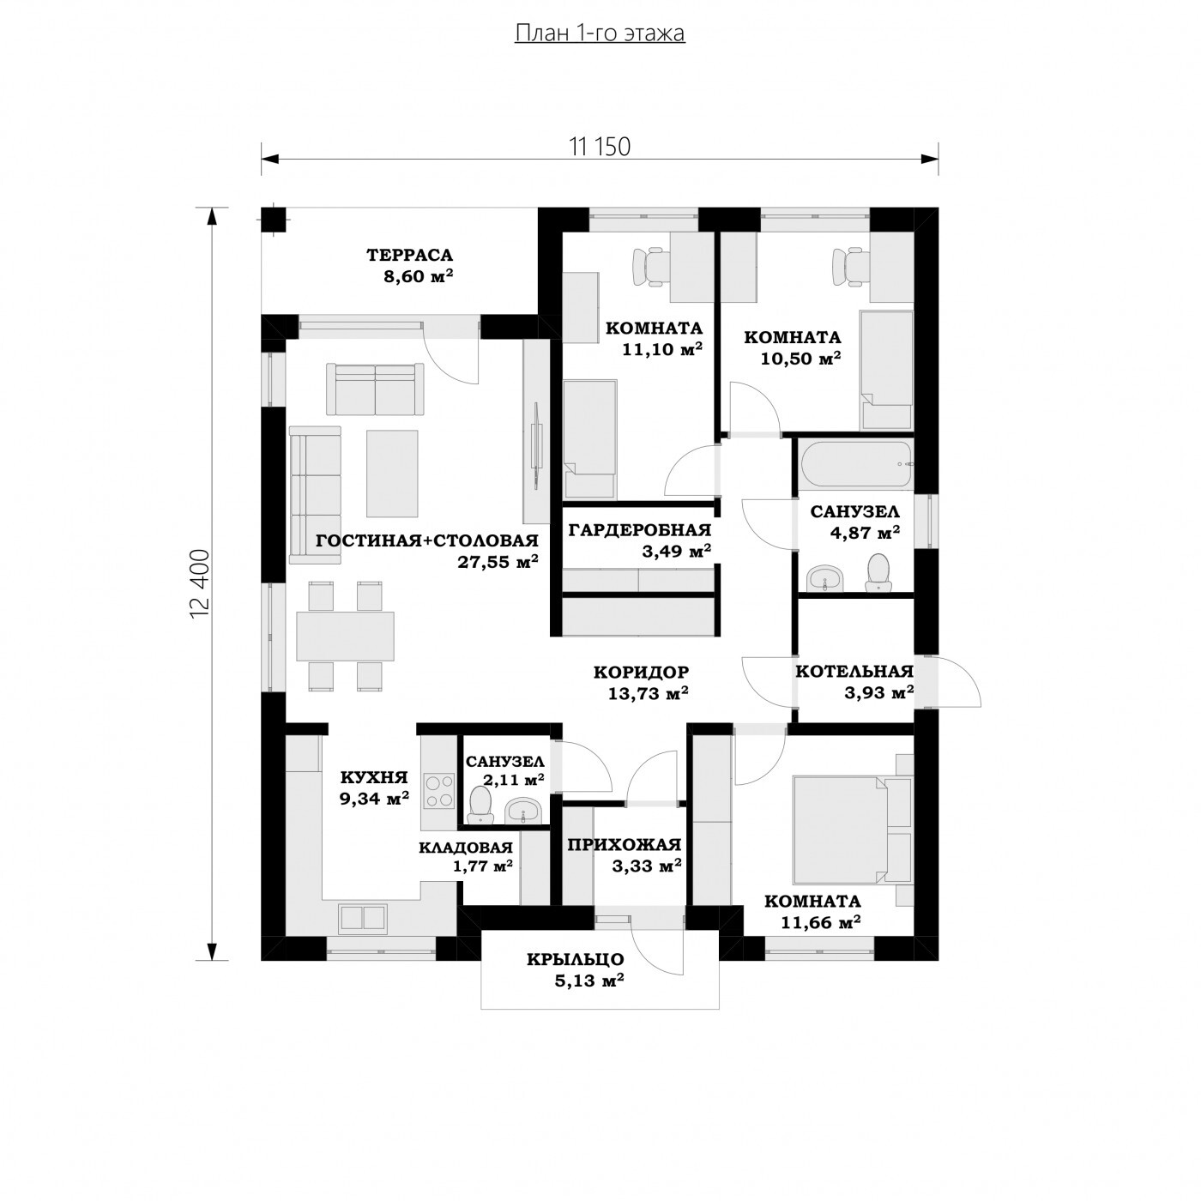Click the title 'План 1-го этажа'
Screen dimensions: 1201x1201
click(600, 33)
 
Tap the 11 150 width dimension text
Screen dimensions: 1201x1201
click(600, 147)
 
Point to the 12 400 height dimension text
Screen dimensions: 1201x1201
click(200, 583)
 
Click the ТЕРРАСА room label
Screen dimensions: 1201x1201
click(409, 255)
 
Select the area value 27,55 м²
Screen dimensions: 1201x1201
click(498, 562)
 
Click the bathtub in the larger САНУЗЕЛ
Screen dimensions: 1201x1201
click(857, 464)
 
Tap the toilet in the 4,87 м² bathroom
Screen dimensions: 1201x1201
click(878, 572)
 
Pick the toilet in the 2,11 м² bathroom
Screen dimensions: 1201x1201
click(480, 805)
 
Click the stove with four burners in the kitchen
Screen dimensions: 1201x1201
click(438, 790)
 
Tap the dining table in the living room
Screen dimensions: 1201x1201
click(345, 636)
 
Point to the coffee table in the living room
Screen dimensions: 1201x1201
click(392, 474)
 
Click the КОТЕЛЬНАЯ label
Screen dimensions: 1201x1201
click(854, 671)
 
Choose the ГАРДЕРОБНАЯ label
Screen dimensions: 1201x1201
click(639, 530)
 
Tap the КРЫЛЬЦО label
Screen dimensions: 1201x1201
click(576, 959)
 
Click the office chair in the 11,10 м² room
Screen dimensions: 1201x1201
click(650, 267)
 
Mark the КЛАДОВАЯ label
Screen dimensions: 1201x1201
click(466, 848)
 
